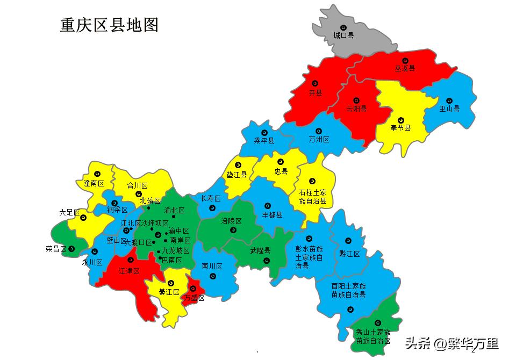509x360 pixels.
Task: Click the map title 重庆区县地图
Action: (109, 25)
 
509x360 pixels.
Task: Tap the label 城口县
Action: (343, 35)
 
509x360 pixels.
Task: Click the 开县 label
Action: (316, 93)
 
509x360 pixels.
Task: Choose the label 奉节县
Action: (400, 128)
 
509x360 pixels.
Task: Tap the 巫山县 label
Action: (449, 109)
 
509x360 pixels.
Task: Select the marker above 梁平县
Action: (264, 132)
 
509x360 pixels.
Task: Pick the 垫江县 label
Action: (236, 175)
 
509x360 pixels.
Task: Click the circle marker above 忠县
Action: (280, 162)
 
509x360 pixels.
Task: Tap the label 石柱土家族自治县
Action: (313, 197)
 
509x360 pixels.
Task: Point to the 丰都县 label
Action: (272, 214)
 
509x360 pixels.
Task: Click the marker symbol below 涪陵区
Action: (233, 230)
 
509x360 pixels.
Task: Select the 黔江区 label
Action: (349, 254)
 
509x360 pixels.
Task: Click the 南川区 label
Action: (212, 266)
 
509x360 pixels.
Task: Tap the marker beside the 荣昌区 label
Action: (71, 249)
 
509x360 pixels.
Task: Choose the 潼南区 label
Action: (94, 184)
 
